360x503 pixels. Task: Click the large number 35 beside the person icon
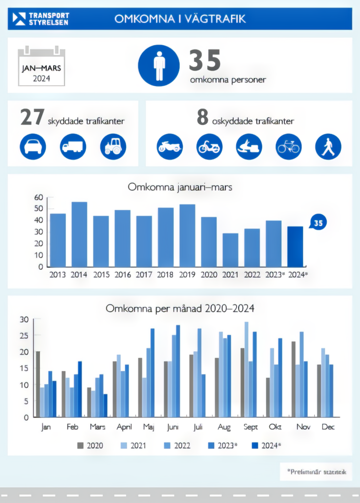[x=205, y=61]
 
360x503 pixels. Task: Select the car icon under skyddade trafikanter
[x=33, y=146]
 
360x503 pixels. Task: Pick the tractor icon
[x=113, y=146]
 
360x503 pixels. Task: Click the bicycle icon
[x=288, y=146]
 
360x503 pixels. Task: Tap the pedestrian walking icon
[x=328, y=146]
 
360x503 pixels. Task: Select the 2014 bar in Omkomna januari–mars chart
[x=80, y=234]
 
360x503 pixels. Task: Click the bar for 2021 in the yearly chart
[x=230, y=250]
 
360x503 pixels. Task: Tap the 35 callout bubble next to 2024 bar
[x=318, y=223]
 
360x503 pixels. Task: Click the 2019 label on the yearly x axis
[x=187, y=275]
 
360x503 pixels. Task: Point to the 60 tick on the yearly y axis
[x=38, y=197]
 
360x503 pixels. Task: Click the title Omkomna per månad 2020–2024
[x=180, y=308]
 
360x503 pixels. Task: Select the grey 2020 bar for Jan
[x=38, y=384]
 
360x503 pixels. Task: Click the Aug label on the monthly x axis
[x=224, y=427]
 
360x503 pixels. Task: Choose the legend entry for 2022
[x=176, y=446]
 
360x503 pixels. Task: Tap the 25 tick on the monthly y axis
[x=24, y=335]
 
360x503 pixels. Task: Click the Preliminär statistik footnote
[x=317, y=472]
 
